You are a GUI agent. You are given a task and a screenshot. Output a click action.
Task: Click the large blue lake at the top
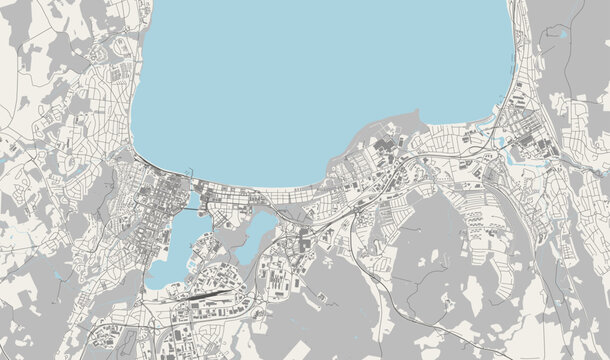(x=320, y=80)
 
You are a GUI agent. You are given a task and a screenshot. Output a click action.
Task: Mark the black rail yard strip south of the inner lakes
(x=200, y=296)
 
